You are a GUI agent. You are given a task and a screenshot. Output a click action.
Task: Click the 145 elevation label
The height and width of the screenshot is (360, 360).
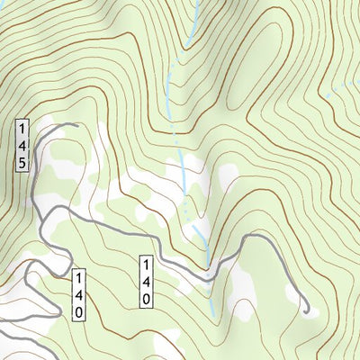click(22, 145)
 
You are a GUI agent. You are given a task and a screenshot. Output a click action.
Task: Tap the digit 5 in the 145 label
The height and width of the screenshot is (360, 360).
click(22, 163)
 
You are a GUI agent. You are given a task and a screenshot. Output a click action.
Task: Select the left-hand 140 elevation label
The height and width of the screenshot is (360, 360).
click(78, 294)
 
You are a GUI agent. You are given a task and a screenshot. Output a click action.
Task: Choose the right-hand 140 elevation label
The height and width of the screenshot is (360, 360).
click(144, 282)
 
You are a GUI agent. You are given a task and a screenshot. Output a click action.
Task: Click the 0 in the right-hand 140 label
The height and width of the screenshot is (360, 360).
click(144, 300)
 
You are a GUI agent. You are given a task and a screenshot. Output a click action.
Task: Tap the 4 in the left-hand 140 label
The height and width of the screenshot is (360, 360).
click(78, 294)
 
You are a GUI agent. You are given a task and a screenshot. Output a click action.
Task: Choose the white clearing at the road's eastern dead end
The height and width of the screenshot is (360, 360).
click(288, 297)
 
